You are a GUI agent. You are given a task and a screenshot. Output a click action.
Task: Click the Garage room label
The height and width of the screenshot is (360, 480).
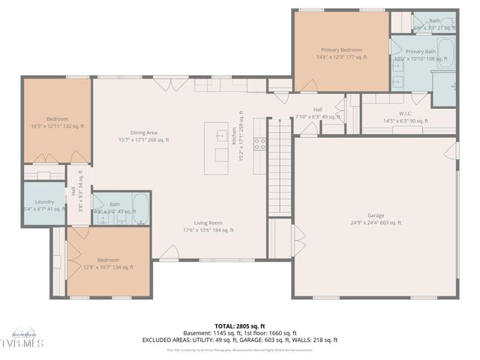click(x=375, y=214)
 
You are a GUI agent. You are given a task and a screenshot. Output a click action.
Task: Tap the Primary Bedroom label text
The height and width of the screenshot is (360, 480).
click(x=341, y=49)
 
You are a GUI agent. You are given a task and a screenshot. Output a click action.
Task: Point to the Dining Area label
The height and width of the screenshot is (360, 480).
click(x=144, y=133)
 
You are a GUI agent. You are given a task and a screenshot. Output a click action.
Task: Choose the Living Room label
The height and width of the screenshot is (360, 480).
click(x=208, y=223)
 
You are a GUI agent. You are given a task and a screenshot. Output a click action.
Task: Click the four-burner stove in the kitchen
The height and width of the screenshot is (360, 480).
click(x=259, y=144)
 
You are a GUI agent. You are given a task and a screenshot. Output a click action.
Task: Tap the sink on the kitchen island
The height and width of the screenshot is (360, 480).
click(x=221, y=136)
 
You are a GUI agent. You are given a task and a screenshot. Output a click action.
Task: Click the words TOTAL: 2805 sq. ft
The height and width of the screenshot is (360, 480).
click(x=240, y=326)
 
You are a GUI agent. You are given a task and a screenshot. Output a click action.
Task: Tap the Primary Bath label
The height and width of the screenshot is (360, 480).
click(x=421, y=52)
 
